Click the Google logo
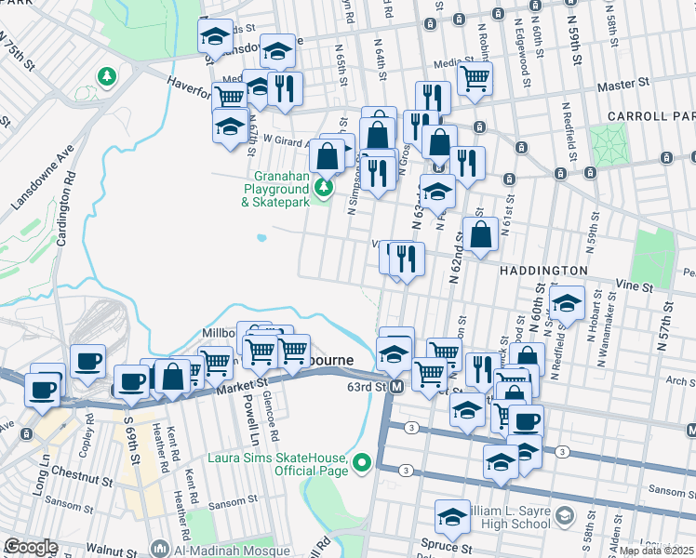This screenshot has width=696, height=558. click(31, 548)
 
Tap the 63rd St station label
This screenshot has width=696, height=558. click(368, 386)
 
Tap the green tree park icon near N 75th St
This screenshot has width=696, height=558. click(108, 74)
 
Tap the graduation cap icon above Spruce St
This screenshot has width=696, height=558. click(452, 516)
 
